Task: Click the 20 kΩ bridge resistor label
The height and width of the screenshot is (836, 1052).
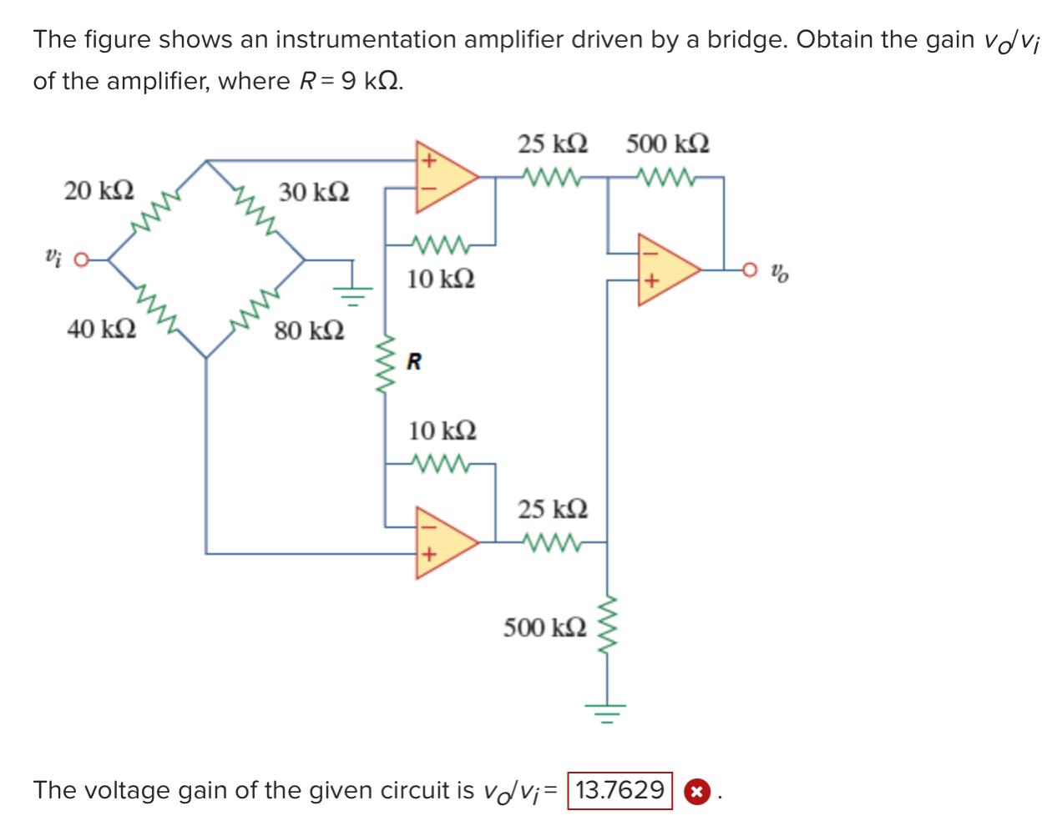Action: (99, 191)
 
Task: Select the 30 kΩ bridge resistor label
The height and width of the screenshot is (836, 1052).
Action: (314, 193)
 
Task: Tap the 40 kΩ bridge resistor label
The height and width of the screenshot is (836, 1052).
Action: (101, 329)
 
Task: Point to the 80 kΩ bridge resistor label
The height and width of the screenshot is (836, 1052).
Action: (309, 330)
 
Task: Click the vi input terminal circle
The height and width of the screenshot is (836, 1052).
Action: (81, 260)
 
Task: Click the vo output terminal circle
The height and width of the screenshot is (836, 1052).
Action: (750, 269)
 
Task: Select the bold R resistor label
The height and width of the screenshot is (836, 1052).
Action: (414, 362)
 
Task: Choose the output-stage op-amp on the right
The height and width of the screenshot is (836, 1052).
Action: (665, 269)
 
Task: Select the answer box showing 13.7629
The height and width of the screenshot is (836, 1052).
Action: (620, 790)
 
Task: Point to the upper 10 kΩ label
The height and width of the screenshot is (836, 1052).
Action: (441, 279)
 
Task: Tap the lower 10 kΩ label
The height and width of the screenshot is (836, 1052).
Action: (442, 431)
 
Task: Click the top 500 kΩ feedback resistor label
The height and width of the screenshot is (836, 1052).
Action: (668, 144)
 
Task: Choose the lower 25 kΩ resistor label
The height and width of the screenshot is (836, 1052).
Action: (552, 509)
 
